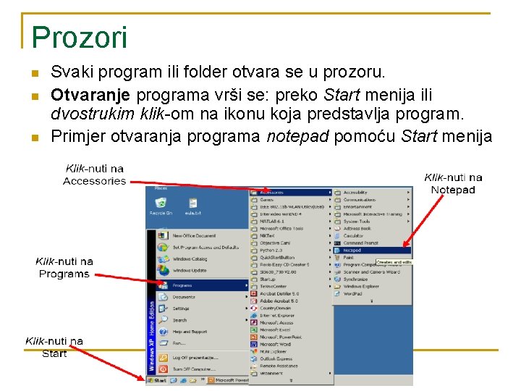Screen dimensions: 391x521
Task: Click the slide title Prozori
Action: pos(80,37)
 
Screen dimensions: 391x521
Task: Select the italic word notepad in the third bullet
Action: pos(298,136)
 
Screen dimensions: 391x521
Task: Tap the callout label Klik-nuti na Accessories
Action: pos(94,175)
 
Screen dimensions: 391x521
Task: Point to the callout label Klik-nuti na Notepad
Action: pos(453,183)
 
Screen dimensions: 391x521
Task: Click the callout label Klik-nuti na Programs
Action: pos(64,267)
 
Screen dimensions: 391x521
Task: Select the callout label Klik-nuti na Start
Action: pos(54,347)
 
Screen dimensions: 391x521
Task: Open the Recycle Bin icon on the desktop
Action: pos(161,206)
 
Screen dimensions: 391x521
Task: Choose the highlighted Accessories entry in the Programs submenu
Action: pos(272,192)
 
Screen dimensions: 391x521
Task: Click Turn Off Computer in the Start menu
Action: pos(191,369)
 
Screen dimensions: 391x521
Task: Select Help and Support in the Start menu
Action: pos(190,332)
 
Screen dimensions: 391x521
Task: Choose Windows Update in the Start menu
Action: pos(190,270)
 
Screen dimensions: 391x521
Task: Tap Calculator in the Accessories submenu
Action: pos(354,235)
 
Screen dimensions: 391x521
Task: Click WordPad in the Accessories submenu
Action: pos(353,294)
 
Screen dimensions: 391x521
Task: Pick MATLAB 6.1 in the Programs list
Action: pos(272,221)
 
